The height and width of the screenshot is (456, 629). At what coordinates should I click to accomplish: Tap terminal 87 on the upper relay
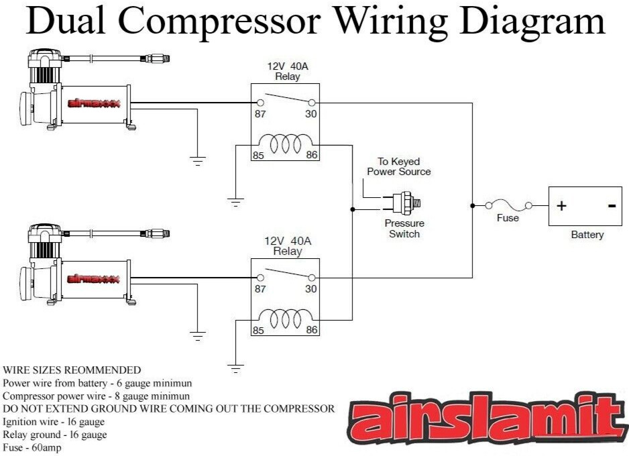pyautogui.click(x=260, y=103)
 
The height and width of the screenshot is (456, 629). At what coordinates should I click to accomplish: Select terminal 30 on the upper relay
pyautogui.click(x=311, y=103)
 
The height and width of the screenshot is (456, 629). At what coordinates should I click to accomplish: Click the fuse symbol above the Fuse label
pyautogui.click(x=508, y=205)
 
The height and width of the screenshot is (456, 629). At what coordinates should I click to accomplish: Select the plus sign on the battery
pyautogui.click(x=561, y=206)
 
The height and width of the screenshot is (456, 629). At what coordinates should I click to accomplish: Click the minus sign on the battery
pyautogui.click(x=612, y=206)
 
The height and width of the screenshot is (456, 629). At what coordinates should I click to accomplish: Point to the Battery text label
pyautogui.click(x=587, y=235)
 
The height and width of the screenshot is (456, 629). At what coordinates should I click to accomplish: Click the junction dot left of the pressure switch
pyautogui.click(x=353, y=210)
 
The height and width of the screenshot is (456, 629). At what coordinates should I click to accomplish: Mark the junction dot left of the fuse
pyautogui.click(x=473, y=205)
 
